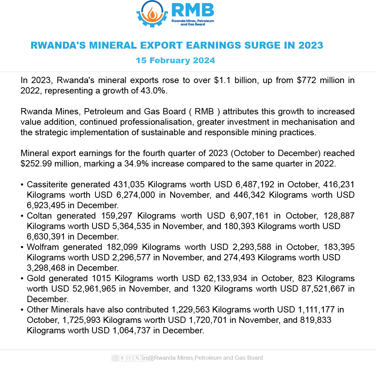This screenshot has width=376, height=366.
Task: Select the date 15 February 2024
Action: [175, 60]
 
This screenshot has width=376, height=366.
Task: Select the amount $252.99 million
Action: [50, 164]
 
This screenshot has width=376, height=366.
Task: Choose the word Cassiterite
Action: [47, 185]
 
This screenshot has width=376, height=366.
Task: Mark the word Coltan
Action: [39, 216]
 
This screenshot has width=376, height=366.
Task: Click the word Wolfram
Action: [42, 247]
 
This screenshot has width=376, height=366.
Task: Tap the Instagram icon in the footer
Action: [115, 358]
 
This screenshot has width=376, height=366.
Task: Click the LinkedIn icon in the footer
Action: [145, 358]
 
